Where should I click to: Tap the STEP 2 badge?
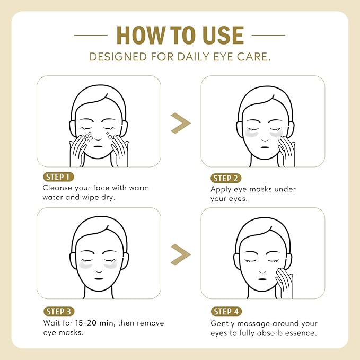tap(227, 178)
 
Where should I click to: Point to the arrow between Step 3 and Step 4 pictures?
tap(180, 256)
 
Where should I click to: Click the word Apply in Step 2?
tap(222, 189)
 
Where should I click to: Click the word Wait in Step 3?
tap(51, 323)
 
